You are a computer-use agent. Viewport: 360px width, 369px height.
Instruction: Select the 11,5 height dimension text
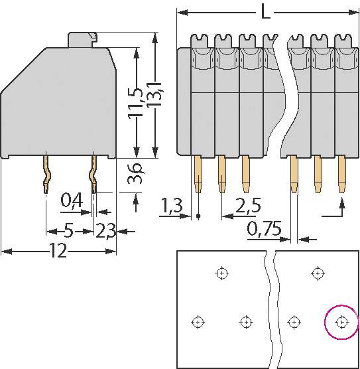tap(136, 100)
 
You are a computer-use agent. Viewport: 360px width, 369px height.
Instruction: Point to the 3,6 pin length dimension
tap(136, 175)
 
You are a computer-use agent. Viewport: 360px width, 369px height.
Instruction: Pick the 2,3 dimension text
tap(105, 231)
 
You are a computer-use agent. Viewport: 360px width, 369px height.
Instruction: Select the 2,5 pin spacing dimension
tap(247, 206)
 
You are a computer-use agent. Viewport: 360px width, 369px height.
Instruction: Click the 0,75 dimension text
tap(265, 230)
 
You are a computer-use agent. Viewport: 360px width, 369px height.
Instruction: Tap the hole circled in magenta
tap(341, 322)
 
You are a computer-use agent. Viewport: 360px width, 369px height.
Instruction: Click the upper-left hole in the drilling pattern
tap(221, 272)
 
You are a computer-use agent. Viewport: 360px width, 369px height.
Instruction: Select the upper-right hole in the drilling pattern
tap(318, 272)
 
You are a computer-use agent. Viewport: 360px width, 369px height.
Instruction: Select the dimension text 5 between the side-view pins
tap(68, 231)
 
